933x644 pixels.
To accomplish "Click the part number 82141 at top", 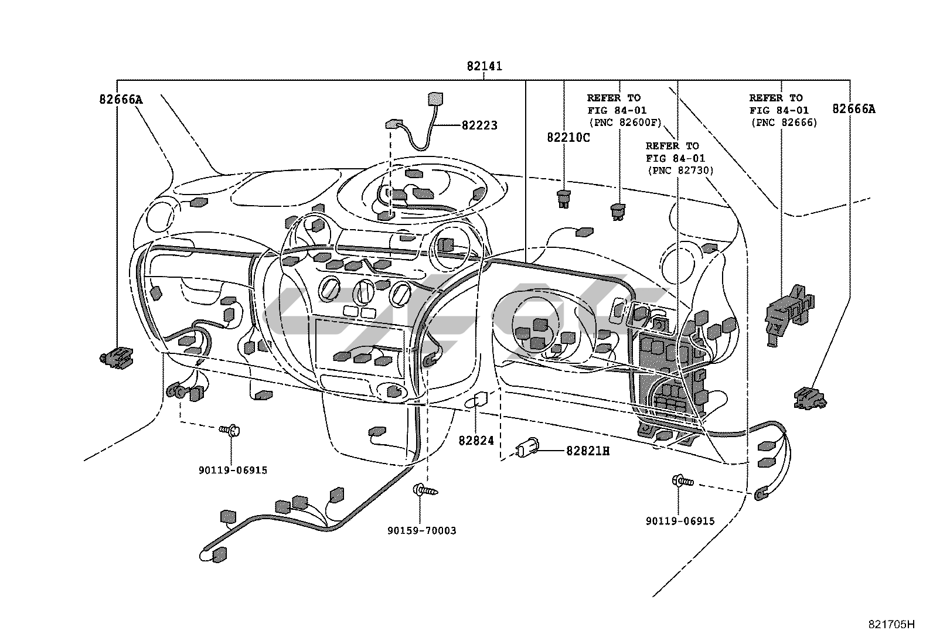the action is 485,66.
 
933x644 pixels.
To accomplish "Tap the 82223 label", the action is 479,125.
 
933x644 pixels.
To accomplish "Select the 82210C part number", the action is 568,138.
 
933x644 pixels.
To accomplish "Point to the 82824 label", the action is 476,441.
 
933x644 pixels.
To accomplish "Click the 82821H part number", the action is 588,451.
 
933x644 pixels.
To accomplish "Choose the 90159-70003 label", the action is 421,531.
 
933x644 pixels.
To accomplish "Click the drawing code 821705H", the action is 891,625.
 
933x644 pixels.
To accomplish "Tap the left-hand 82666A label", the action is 121,100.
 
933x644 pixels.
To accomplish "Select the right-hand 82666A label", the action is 854,109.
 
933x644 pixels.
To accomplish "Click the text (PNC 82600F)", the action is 625,123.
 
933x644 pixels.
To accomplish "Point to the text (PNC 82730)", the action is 680,171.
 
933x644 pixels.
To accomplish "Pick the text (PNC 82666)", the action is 784,123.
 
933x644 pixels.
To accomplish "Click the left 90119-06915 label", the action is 233,471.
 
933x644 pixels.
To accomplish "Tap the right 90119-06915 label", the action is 680,521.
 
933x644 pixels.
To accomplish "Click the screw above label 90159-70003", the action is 425,489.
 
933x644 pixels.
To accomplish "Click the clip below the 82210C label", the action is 564,199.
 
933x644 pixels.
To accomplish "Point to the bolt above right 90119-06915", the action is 682,481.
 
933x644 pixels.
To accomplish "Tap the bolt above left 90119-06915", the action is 230,430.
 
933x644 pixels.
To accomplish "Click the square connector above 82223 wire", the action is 435,99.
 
